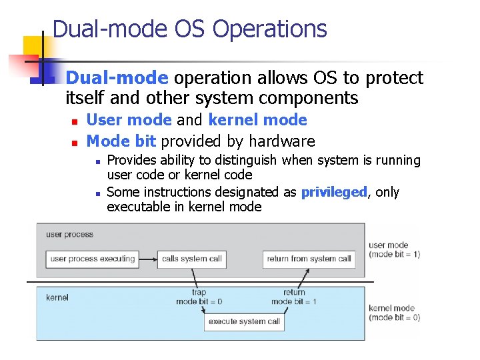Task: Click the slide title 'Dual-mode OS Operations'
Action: [189, 29]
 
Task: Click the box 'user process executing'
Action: [93, 259]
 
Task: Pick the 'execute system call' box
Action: [244, 322]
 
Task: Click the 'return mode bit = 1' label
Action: [293, 297]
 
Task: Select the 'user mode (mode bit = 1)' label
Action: [394, 250]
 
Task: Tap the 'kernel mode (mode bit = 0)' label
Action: [394, 313]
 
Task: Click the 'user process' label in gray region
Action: [69, 235]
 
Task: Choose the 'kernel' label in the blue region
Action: [57, 297]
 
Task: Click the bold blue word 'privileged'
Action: [334, 193]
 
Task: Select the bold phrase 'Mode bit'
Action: [121, 141]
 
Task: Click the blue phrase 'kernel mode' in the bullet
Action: [257, 120]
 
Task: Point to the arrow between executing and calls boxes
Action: [149, 259]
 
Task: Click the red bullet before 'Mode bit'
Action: [75, 143]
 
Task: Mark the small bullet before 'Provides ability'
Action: [97, 161]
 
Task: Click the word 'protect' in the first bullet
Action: [392, 79]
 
